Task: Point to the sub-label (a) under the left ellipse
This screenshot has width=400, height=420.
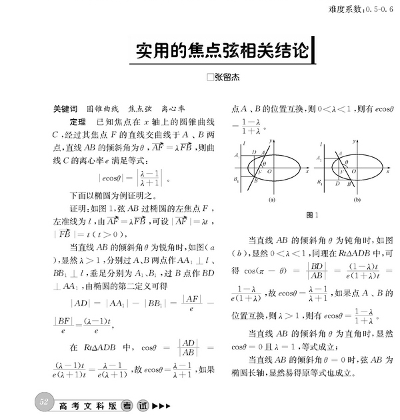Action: (271, 199)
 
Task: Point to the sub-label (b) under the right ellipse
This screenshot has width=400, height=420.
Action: (357, 199)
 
